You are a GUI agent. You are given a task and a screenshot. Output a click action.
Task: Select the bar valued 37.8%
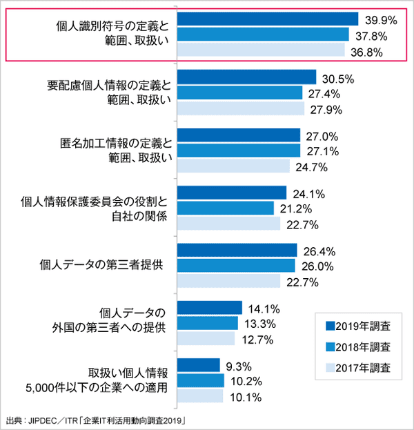[x=263, y=35]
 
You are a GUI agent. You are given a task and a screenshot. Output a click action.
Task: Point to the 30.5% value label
[x=337, y=78]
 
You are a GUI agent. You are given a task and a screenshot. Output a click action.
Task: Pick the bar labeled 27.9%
[x=241, y=109]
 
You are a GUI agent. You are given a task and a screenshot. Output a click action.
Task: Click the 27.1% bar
[x=239, y=150]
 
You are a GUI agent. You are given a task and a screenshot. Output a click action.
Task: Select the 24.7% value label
[x=311, y=166]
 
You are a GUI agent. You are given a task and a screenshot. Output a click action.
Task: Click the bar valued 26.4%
[x=237, y=251]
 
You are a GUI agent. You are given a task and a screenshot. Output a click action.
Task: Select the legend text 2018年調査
[x=364, y=346]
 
